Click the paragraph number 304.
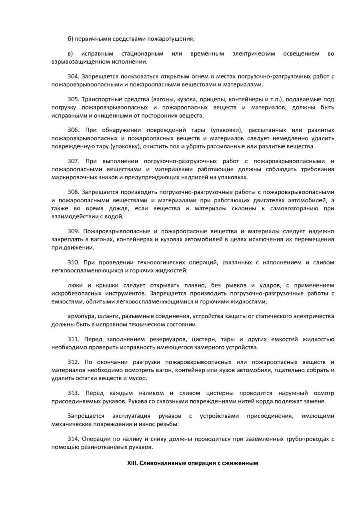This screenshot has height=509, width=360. tap(73, 76)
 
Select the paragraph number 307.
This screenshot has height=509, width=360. tap(73, 161)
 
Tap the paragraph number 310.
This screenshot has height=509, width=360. tap(73, 263)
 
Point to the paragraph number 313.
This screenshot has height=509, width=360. tap(73, 393)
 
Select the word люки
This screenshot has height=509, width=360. tap(75, 285)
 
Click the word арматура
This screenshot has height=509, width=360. tap(81, 317)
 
